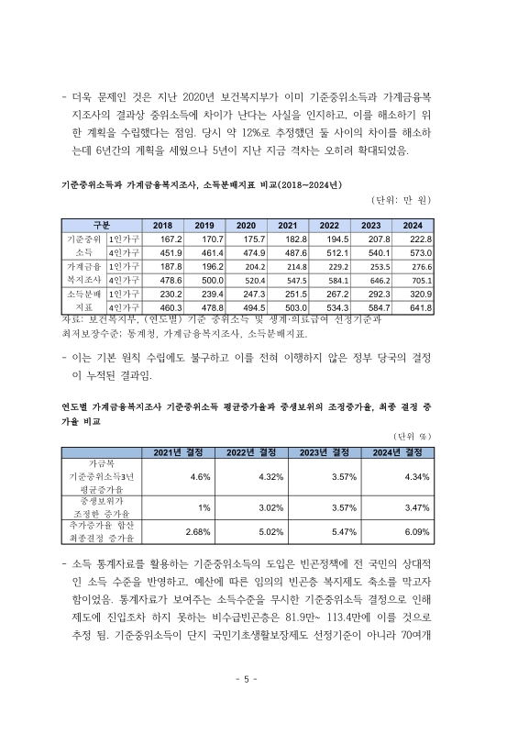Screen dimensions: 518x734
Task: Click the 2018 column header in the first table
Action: (x=162, y=226)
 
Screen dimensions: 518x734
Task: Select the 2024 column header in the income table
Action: (x=413, y=226)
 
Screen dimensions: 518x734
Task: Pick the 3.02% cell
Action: (x=270, y=507)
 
